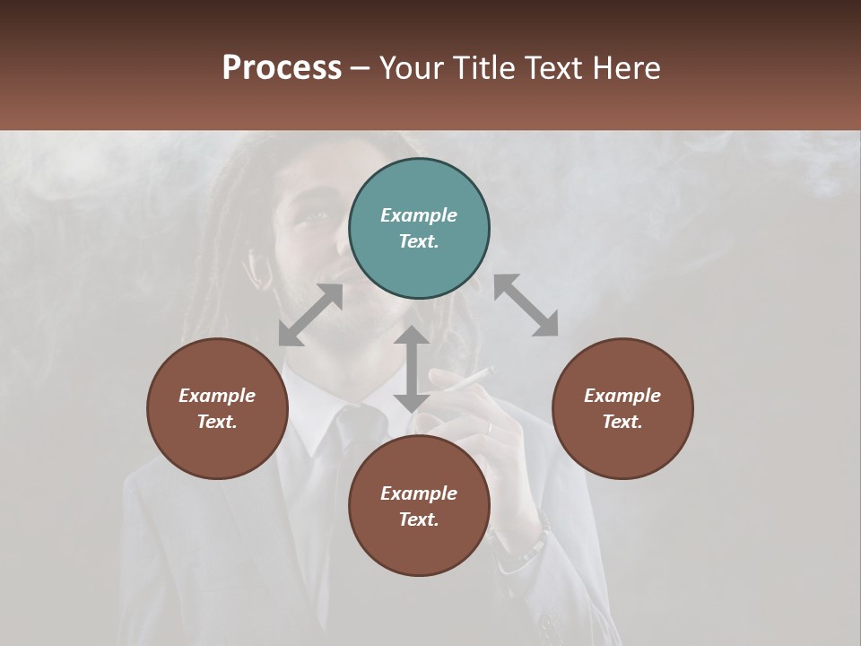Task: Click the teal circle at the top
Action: [419, 229]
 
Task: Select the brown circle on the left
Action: [217, 408]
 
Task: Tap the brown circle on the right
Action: [622, 408]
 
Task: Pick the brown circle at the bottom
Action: [419, 506]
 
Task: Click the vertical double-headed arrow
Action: [412, 369]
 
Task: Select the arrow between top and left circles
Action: [310, 315]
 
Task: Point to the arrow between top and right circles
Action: [526, 305]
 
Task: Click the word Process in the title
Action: [282, 67]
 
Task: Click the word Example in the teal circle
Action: [419, 215]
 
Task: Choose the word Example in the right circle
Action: [622, 396]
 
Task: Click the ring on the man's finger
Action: [490, 428]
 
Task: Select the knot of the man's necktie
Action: [349, 423]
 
